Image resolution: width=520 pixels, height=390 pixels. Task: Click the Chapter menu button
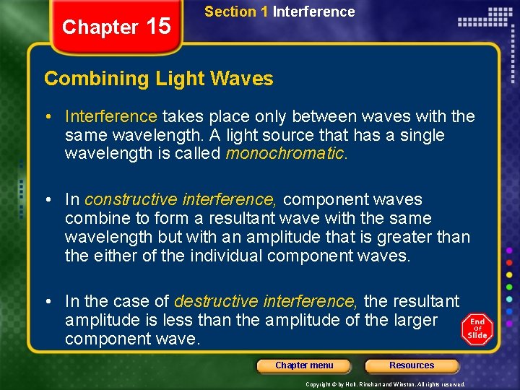click(304, 365)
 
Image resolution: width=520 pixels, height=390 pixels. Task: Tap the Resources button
click(412, 365)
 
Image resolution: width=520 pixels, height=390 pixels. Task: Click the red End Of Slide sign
click(477, 329)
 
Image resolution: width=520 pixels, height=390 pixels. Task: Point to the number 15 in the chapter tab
click(158, 27)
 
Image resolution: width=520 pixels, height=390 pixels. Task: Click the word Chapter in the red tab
click(100, 27)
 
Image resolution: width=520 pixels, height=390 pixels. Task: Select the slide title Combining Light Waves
click(159, 79)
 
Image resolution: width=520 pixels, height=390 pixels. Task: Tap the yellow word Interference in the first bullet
click(110, 116)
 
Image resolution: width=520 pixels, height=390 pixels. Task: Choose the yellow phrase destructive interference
click(266, 300)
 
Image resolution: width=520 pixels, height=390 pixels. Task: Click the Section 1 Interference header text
click(279, 12)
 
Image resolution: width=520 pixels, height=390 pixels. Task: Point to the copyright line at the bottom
click(385, 384)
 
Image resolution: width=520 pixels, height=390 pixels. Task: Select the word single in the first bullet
click(422, 135)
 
